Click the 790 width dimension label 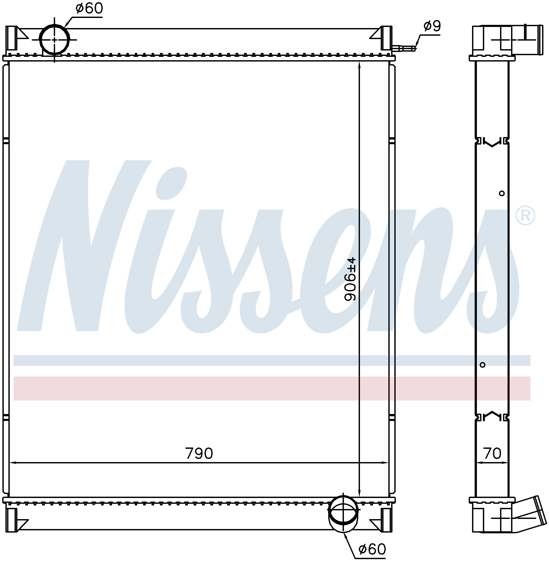[x=199, y=453]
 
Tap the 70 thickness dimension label [x=492, y=453]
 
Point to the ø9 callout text [x=432, y=26]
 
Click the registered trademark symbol [x=525, y=216]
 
